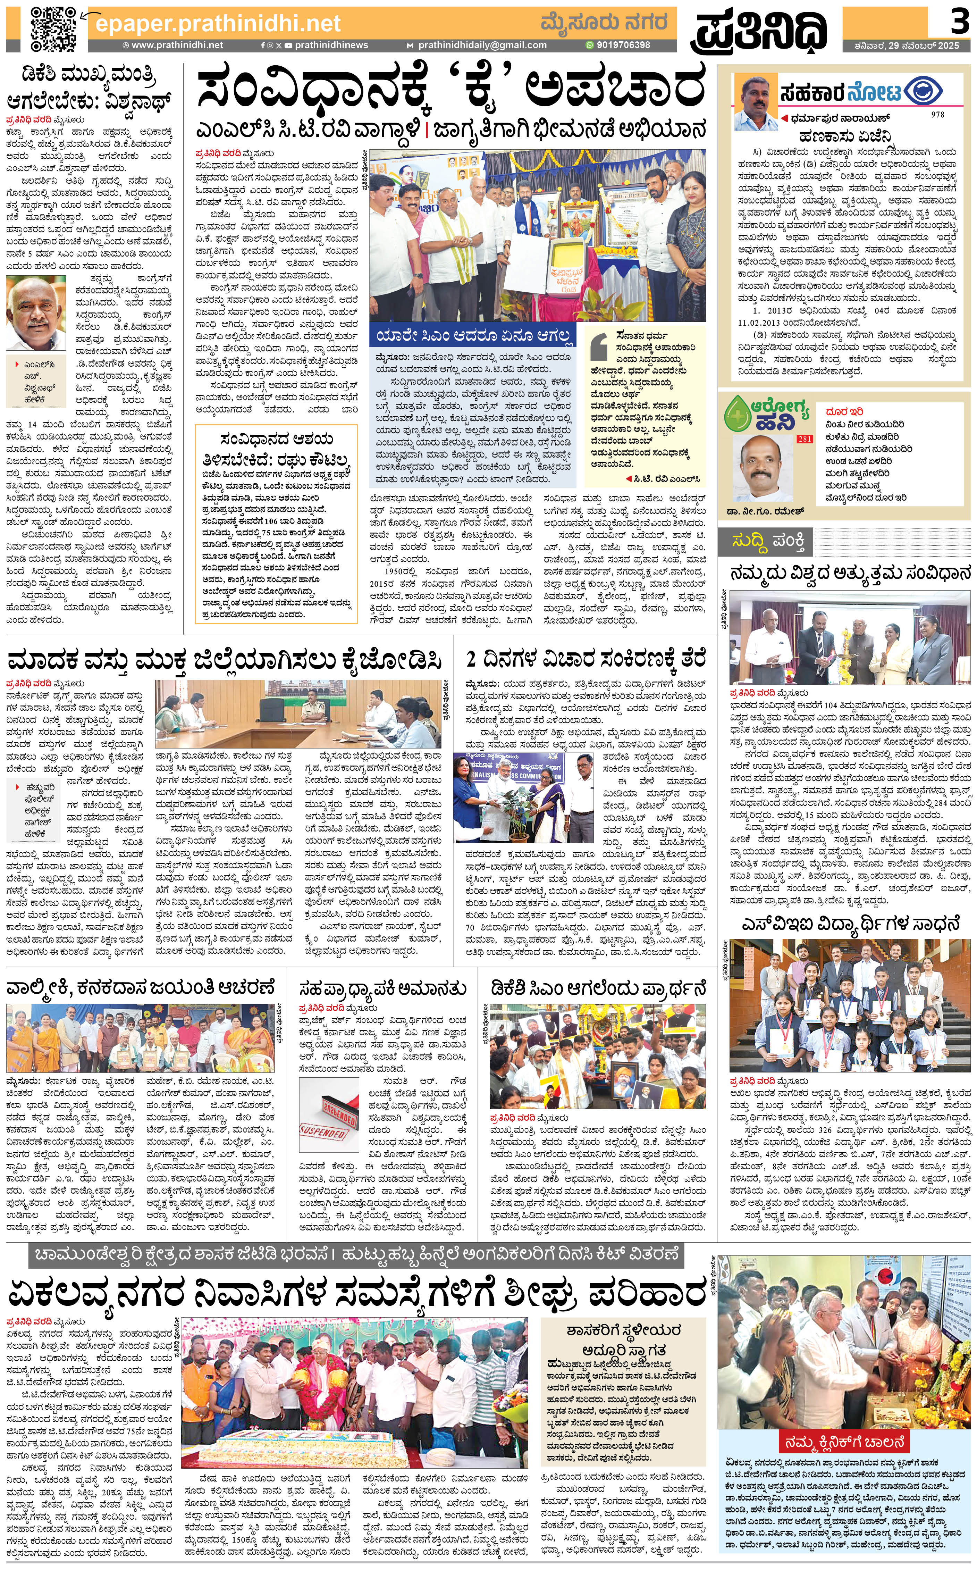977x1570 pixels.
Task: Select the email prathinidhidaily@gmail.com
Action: [482, 45]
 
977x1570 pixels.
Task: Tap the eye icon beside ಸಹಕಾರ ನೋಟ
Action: [933, 91]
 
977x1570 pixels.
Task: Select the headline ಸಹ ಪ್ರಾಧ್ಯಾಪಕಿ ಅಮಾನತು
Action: [382, 988]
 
